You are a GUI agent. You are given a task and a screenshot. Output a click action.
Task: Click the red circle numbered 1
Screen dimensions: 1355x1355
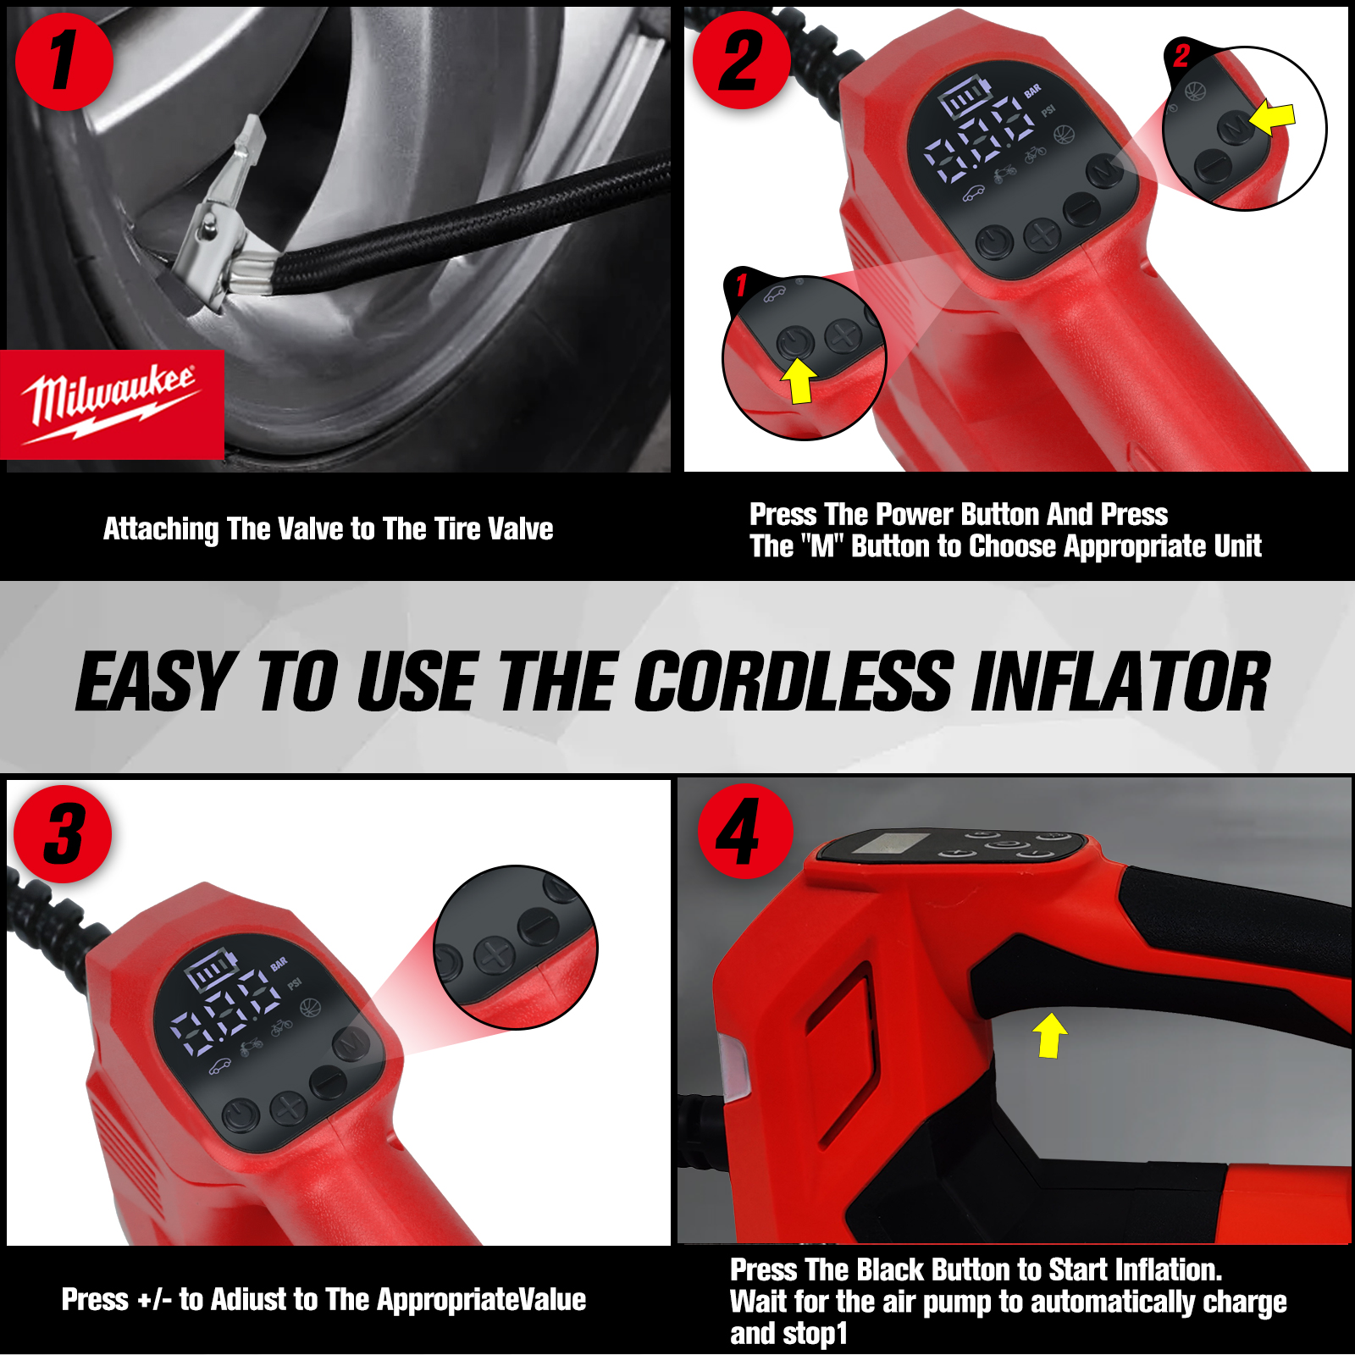(x=64, y=61)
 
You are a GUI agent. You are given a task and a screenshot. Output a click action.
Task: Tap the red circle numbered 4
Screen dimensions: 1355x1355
(x=744, y=832)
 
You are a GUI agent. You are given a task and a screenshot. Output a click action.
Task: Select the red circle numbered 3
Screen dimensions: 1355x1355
(x=64, y=834)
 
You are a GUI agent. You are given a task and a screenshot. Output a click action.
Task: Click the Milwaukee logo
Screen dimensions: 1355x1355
(x=112, y=405)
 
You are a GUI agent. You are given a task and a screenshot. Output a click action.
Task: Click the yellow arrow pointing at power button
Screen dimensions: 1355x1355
(x=799, y=380)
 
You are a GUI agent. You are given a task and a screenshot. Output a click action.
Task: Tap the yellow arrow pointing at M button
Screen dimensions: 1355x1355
(x=1273, y=118)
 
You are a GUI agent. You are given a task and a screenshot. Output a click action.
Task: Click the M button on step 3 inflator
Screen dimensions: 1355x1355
(x=351, y=1043)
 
